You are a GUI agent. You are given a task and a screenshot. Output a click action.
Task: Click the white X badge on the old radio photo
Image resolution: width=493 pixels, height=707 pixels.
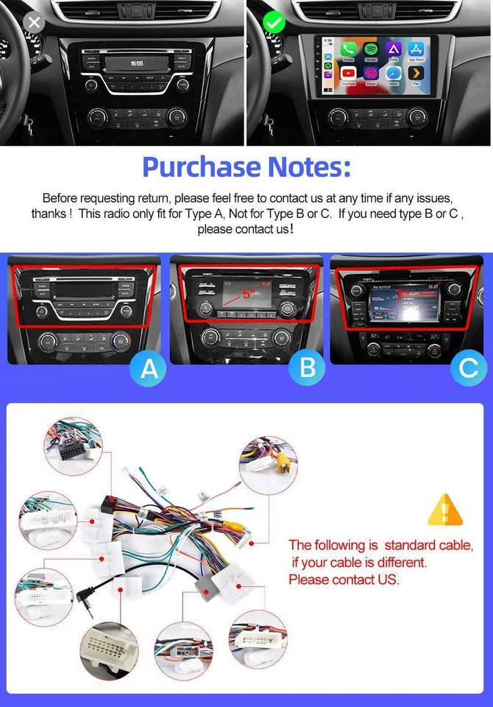tap(34, 22)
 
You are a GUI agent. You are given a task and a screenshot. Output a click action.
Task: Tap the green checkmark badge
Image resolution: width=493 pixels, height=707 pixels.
tap(274, 22)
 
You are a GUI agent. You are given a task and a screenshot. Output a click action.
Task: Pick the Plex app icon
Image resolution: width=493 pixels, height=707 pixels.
tap(416, 74)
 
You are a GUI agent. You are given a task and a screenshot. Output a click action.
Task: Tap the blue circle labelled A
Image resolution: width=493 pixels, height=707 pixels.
tap(149, 368)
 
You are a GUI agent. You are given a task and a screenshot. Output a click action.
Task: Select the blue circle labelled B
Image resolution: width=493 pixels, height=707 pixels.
tap(308, 368)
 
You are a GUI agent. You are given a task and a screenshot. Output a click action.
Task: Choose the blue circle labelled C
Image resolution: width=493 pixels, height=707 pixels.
tap(467, 368)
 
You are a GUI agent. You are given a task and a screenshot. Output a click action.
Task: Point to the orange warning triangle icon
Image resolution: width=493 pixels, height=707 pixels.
tap(445, 509)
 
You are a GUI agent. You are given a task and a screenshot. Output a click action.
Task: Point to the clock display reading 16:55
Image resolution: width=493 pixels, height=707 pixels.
tap(137, 64)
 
